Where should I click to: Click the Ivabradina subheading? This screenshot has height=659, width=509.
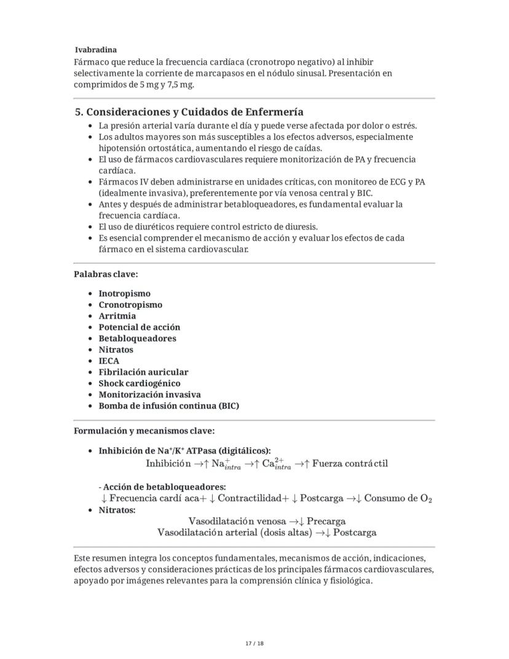(96, 50)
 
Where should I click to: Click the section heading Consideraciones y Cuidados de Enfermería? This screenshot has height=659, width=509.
(189, 112)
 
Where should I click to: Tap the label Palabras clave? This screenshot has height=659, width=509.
(106, 274)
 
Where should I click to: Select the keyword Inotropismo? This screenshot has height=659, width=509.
(124, 294)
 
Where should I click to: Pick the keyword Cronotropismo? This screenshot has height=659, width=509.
(130, 305)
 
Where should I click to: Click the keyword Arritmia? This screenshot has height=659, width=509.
(117, 316)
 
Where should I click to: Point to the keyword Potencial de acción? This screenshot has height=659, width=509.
(139, 327)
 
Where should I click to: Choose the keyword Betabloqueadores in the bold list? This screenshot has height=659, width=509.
(137, 338)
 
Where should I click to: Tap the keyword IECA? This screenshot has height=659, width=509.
(109, 361)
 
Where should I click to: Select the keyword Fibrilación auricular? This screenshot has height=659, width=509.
(143, 372)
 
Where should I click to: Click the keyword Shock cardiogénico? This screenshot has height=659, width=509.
(140, 383)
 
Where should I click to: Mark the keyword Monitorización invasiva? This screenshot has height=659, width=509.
(149, 394)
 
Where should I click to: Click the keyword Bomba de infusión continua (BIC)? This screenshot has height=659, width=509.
(168, 406)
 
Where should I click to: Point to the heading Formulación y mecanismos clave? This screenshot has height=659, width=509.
(144, 431)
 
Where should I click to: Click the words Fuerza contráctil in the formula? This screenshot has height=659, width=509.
(350, 463)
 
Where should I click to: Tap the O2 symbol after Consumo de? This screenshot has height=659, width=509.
(426, 498)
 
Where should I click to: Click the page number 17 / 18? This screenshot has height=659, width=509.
(254, 643)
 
